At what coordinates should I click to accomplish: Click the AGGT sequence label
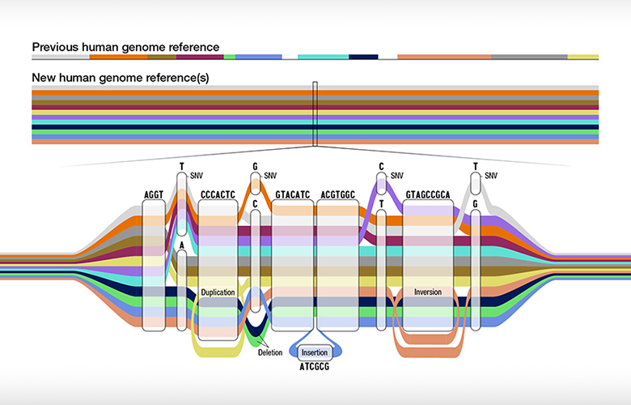[153, 195]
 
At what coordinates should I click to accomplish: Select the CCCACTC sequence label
[217, 195]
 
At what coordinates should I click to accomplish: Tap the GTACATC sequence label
[293, 195]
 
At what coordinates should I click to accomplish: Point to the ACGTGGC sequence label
[337, 195]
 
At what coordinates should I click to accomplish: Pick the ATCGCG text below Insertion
[313, 367]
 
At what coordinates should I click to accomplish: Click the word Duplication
[218, 291]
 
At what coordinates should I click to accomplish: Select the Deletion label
[270, 352]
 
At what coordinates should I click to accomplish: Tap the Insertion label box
[313, 352]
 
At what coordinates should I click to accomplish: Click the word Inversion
[427, 291]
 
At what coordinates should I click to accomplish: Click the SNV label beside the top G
[270, 174]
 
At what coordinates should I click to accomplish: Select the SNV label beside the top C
[396, 174]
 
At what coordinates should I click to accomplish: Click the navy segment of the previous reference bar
[363, 58]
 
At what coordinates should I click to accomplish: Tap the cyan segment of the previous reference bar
[323, 58]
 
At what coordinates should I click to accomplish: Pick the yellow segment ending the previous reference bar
[582, 58]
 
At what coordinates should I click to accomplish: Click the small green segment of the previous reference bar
[230, 58]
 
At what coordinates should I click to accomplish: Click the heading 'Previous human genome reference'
[125, 47]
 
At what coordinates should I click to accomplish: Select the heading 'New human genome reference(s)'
[121, 78]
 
